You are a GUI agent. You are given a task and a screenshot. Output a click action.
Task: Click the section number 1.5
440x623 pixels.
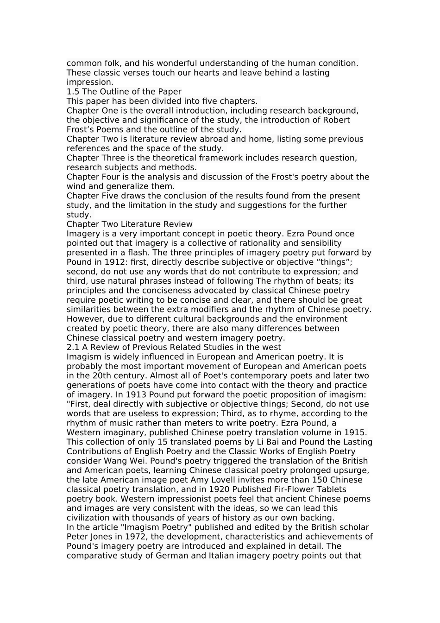coord(73,92)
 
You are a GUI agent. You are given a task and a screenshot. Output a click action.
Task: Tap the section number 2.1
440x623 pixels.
coord(73,347)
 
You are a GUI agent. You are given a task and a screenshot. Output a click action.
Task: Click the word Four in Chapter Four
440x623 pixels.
coord(110,177)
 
